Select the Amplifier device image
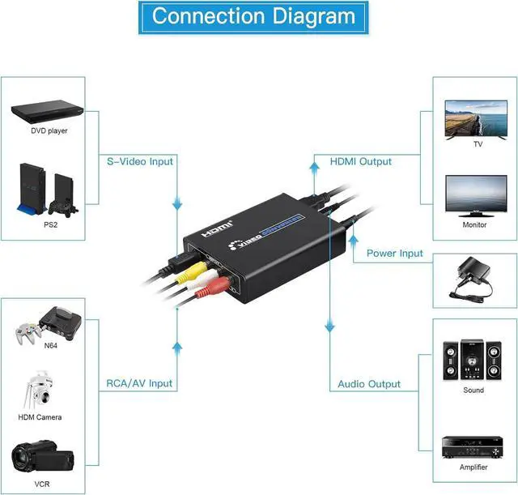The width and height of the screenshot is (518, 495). click(473, 445)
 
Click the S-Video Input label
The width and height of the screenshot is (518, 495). click(140, 161)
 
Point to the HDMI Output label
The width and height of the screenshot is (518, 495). click(360, 161)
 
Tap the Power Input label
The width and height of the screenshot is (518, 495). click(394, 253)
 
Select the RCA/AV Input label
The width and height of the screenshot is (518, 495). click(140, 384)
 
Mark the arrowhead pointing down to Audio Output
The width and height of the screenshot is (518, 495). click(329, 327)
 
